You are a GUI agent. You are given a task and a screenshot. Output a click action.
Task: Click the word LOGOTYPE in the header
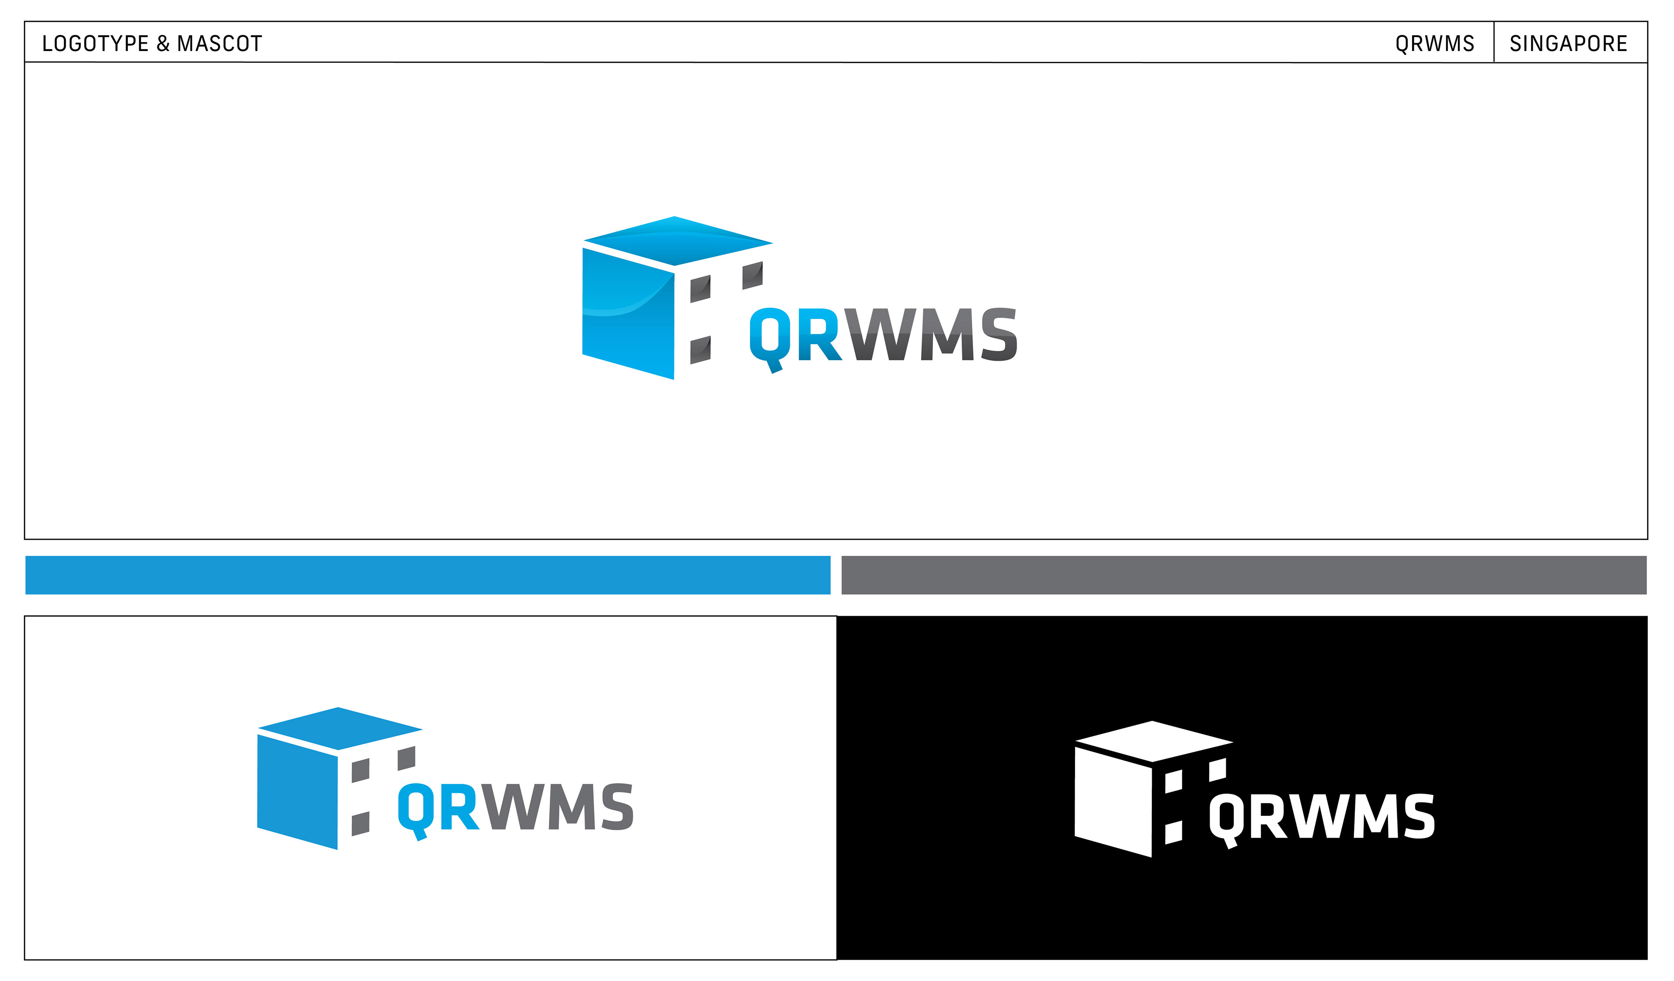pyautogui.click(x=95, y=44)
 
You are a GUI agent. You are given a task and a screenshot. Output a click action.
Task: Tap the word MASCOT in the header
pyautogui.click(x=219, y=44)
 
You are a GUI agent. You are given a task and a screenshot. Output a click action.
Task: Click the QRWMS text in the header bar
pyautogui.click(x=1434, y=44)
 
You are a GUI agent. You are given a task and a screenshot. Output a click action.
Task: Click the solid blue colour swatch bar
pyautogui.click(x=427, y=575)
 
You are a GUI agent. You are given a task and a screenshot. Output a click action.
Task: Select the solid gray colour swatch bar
pyautogui.click(x=1244, y=575)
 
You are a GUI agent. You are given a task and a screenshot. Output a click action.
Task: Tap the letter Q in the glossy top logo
pyautogui.click(x=770, y=335)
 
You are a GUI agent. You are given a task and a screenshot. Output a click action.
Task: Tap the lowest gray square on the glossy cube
pyautogui.click(x=700, y=350)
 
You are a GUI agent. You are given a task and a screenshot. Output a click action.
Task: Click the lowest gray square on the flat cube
pyautogui.click(x=360, y=824)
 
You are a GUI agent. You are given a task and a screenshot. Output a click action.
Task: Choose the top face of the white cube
pyautogui.click(x=1153, y=741)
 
